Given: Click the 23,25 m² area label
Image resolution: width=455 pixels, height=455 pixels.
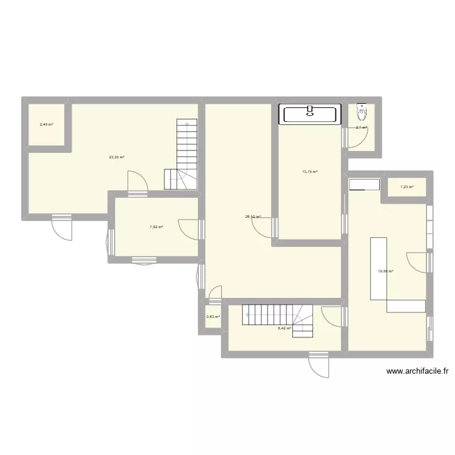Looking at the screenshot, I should pyautogui.click(x=116, y=157).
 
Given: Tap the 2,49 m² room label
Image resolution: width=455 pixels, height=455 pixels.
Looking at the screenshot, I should pyautogui.click(x=46, y=125).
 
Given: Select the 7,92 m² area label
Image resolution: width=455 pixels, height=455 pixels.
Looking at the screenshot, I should pyautogui.click(x=157, y=227).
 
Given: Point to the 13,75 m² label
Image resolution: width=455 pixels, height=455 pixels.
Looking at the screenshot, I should pyautogui.click(x=310, y=172).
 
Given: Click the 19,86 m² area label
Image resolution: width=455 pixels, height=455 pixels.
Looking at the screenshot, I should pyautogui.click(x=386, y=271).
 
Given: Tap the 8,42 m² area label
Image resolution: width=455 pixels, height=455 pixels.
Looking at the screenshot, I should pyautogui.click(x=285, y=328).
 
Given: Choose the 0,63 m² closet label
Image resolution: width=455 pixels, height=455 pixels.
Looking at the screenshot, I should pyautogui.click(x=212, y=317).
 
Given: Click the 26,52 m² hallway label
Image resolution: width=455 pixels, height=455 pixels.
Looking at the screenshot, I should pyautogui.click(x=253, y=215).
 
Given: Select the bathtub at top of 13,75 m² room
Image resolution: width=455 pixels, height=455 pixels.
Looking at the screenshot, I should pyautogui.click(x=309, y=114).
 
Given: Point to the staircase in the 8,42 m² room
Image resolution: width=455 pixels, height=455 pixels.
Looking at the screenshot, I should pyautogui.click(x=278, y=319).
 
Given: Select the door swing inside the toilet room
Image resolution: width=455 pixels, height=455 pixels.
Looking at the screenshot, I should pyautogui.click(x=356, y=137).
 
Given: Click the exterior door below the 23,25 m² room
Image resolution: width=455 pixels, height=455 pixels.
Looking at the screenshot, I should pyautogui.click(x=62, y=226).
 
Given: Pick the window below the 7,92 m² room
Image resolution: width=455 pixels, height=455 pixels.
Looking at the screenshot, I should pyautogui.click(x=144, y=261).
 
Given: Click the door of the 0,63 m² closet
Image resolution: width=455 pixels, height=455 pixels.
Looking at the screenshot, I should pyautogui.click(x=214, y=294).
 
